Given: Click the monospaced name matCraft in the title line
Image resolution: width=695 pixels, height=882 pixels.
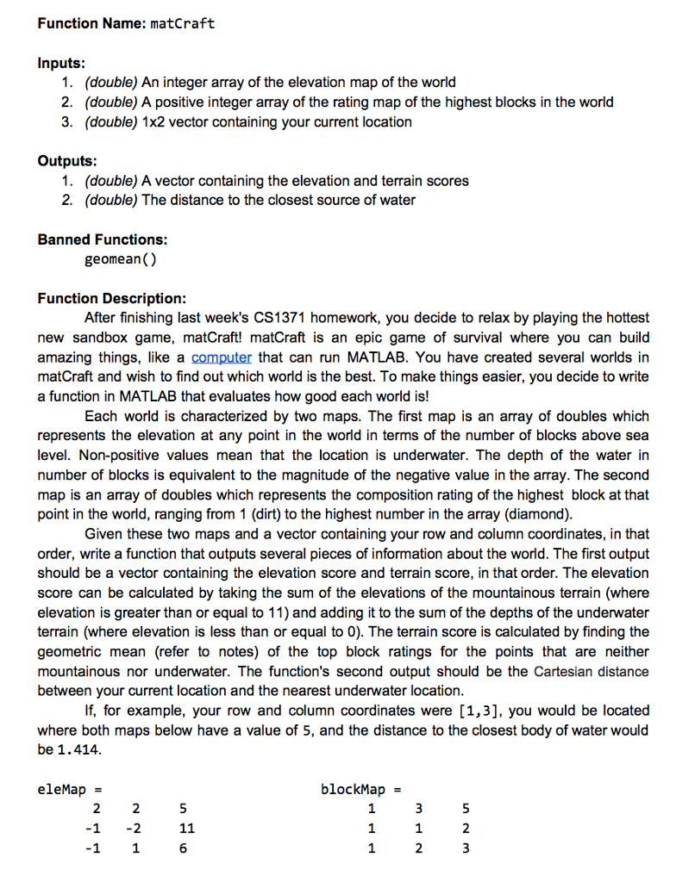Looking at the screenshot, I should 182,23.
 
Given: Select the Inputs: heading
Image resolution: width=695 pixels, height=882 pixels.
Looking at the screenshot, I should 61,63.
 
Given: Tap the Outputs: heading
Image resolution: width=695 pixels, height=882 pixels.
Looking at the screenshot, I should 67,161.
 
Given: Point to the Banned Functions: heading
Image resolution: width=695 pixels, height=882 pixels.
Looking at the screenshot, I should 103,239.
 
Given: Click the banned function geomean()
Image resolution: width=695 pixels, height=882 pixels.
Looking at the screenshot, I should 121,259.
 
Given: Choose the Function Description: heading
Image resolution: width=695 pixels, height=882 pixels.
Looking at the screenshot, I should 111,298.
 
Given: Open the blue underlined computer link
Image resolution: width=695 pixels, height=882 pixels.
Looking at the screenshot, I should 222,357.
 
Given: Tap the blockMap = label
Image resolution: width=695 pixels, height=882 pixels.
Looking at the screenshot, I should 360,789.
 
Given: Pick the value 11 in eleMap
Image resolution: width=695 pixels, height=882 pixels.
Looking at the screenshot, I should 186,829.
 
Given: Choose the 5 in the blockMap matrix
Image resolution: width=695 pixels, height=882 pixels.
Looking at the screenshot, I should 466,809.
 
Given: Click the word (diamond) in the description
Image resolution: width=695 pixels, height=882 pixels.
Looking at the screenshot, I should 547,514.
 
